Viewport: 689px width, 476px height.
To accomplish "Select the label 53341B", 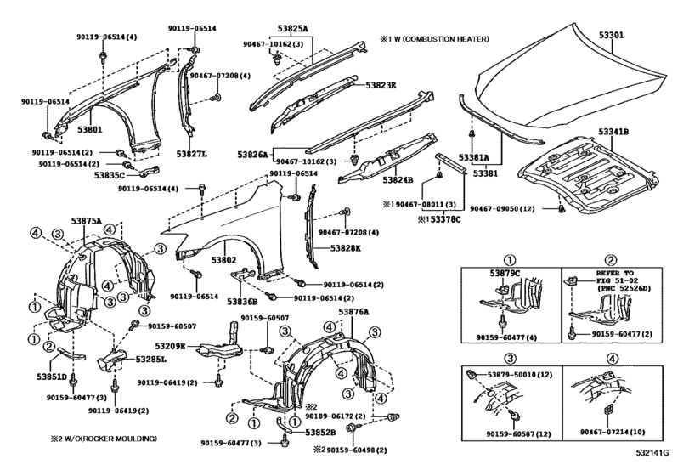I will tap(635, 132).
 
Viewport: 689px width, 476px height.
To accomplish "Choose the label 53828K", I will tap(323, 247).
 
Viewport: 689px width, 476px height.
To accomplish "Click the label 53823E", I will tap(382, 85).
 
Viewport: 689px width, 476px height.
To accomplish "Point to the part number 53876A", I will tap(355, 312).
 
